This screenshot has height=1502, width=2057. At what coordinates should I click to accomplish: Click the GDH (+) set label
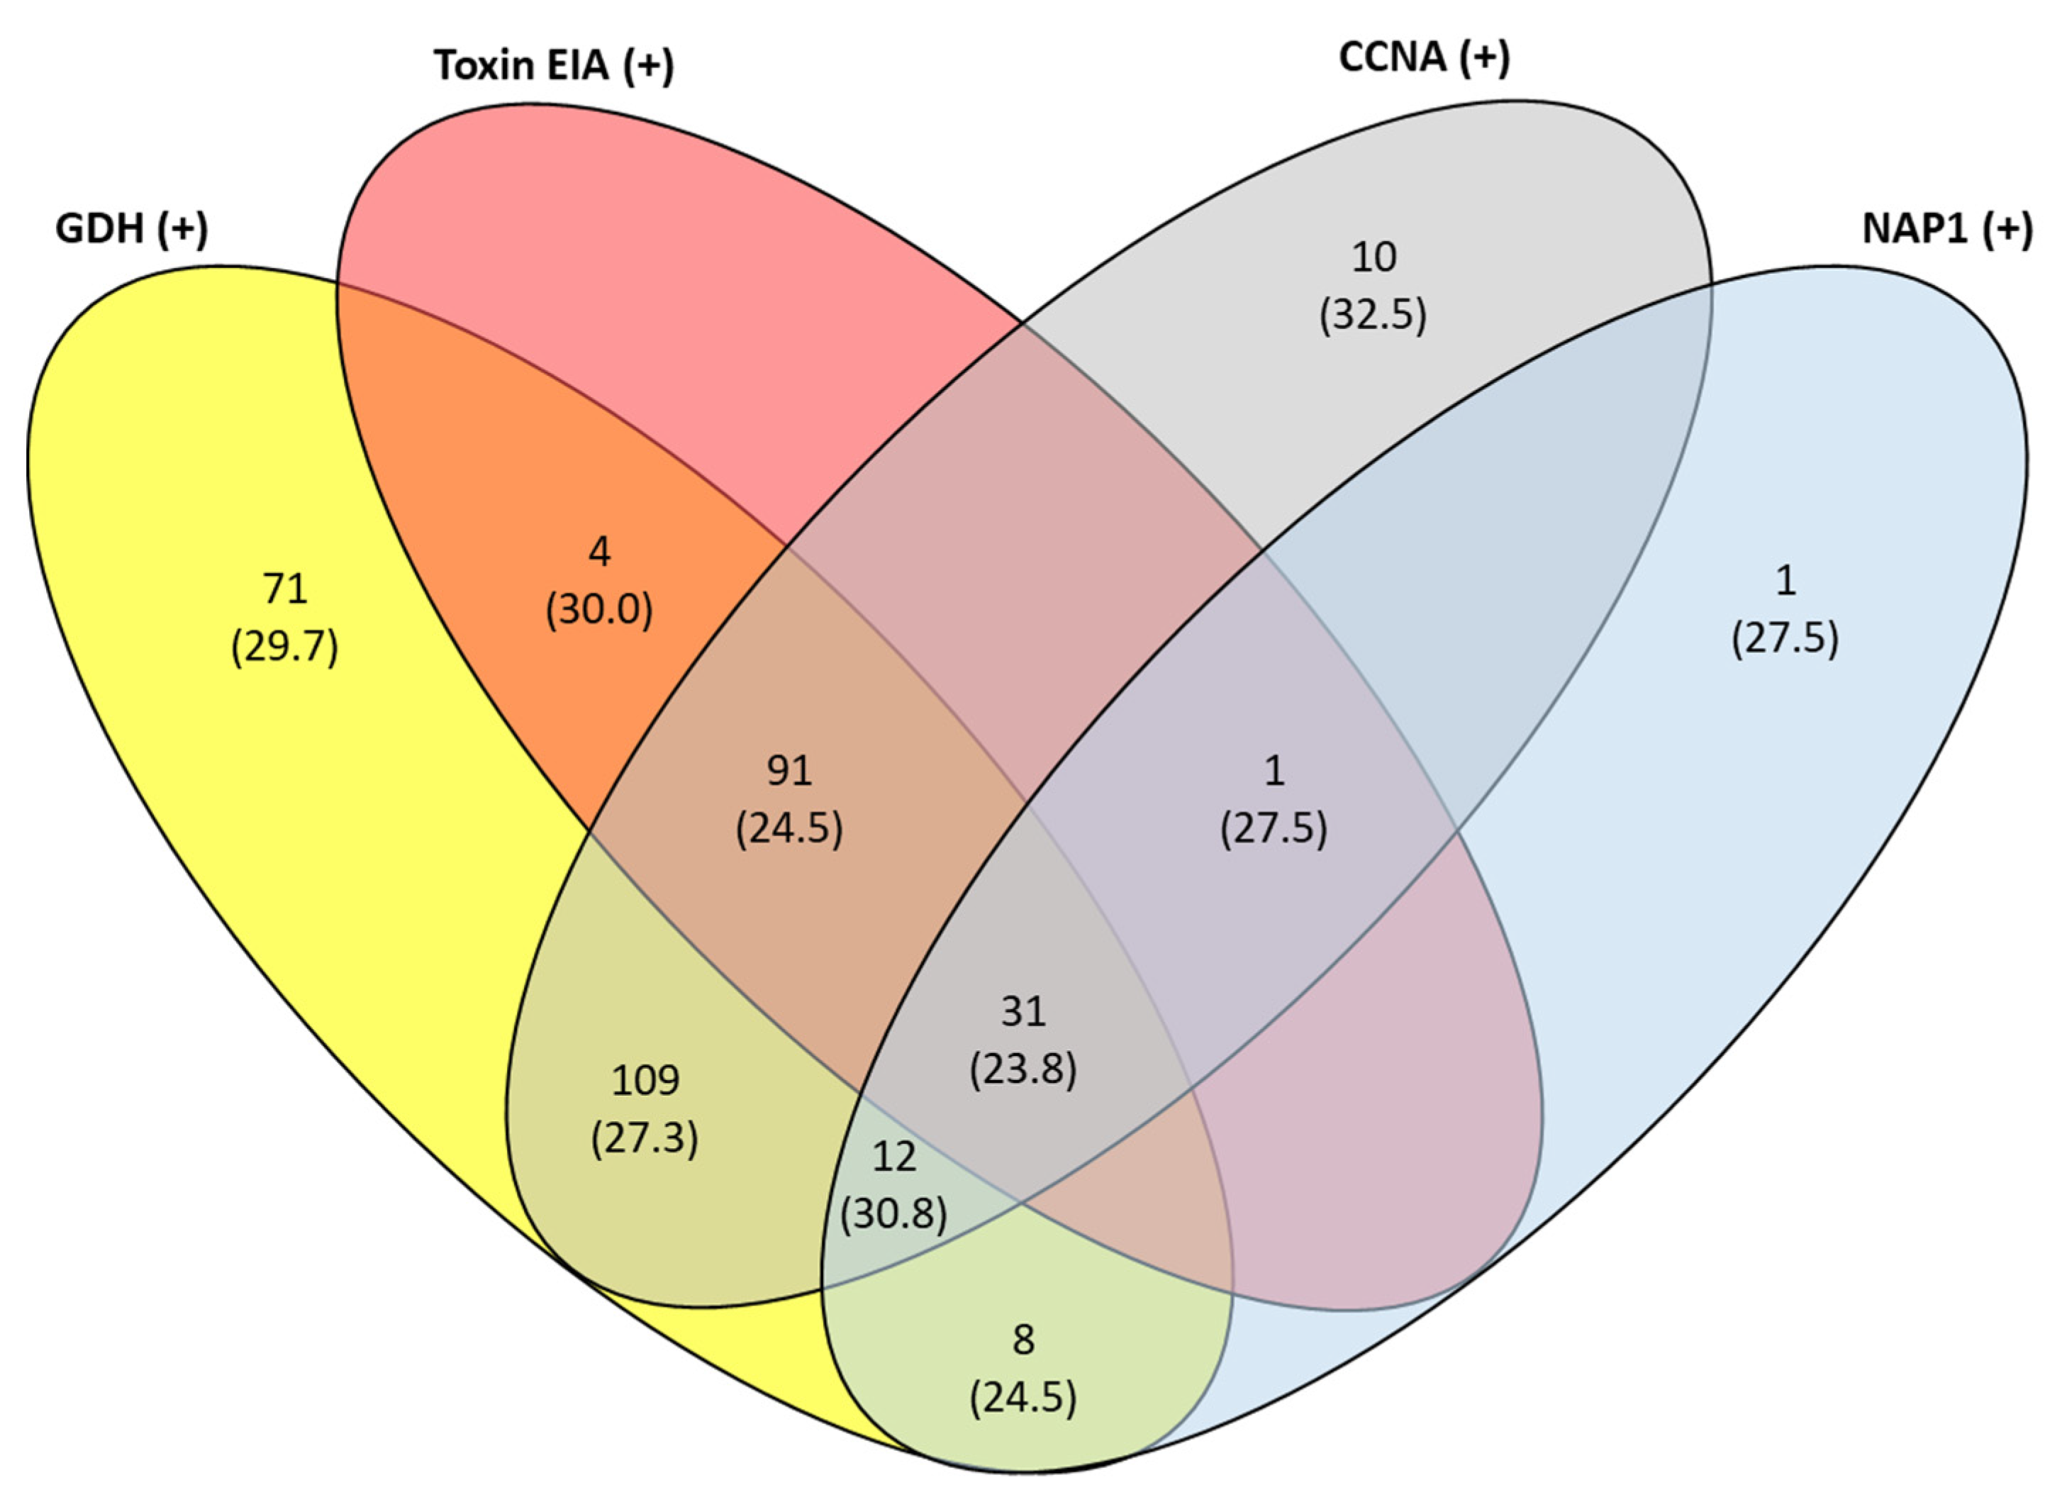132,228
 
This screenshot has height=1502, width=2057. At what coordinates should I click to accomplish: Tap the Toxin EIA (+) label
554,65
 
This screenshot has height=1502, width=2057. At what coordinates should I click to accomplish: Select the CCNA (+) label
1423,57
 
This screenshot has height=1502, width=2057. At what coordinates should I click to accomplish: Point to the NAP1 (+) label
1947,228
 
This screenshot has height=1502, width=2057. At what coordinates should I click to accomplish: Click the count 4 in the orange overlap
599,552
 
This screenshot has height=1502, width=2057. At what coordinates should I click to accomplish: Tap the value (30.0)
599,609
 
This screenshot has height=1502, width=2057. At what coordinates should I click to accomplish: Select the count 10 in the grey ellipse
1373,257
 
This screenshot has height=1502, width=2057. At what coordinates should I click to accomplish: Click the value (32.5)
1373,315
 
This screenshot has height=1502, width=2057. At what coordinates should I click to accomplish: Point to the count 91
789,771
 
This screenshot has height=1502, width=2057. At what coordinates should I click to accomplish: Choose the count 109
645,1080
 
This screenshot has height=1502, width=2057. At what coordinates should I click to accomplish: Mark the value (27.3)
645,1137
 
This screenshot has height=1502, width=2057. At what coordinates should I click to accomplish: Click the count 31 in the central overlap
1023,1011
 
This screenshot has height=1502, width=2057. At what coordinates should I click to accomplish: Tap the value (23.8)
1023,1068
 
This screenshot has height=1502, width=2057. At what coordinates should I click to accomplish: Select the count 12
893,1157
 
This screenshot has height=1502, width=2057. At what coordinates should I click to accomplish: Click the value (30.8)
893,1214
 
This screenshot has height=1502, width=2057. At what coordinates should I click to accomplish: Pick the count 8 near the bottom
1023,1340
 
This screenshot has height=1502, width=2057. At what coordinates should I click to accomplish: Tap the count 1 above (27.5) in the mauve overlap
1274,771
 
